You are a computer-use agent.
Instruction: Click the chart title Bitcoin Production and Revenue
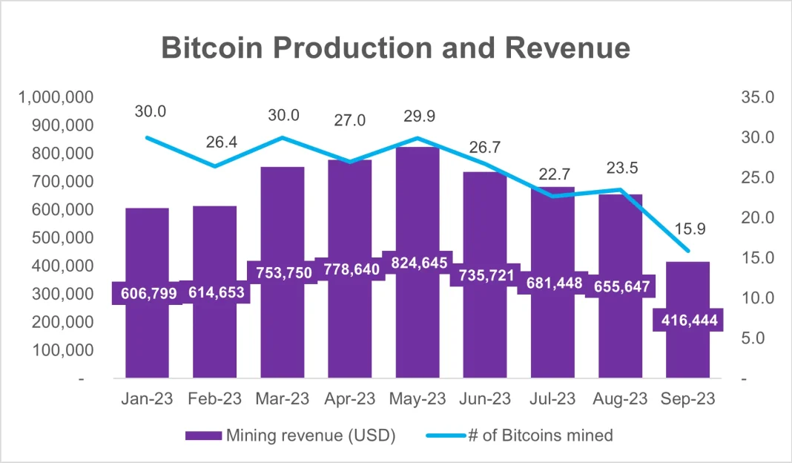tap(395, 48)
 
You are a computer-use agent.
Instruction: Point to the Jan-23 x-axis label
tap(147, 398)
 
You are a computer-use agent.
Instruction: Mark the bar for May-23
tap(417, 326)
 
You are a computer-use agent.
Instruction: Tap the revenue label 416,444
tap(687, 320)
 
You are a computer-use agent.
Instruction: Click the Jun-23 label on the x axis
tap(485, 398)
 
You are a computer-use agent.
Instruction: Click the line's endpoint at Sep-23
tap(687, 251)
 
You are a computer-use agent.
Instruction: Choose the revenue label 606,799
tap(146, 293)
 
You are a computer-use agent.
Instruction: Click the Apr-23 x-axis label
tap(349, 398)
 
